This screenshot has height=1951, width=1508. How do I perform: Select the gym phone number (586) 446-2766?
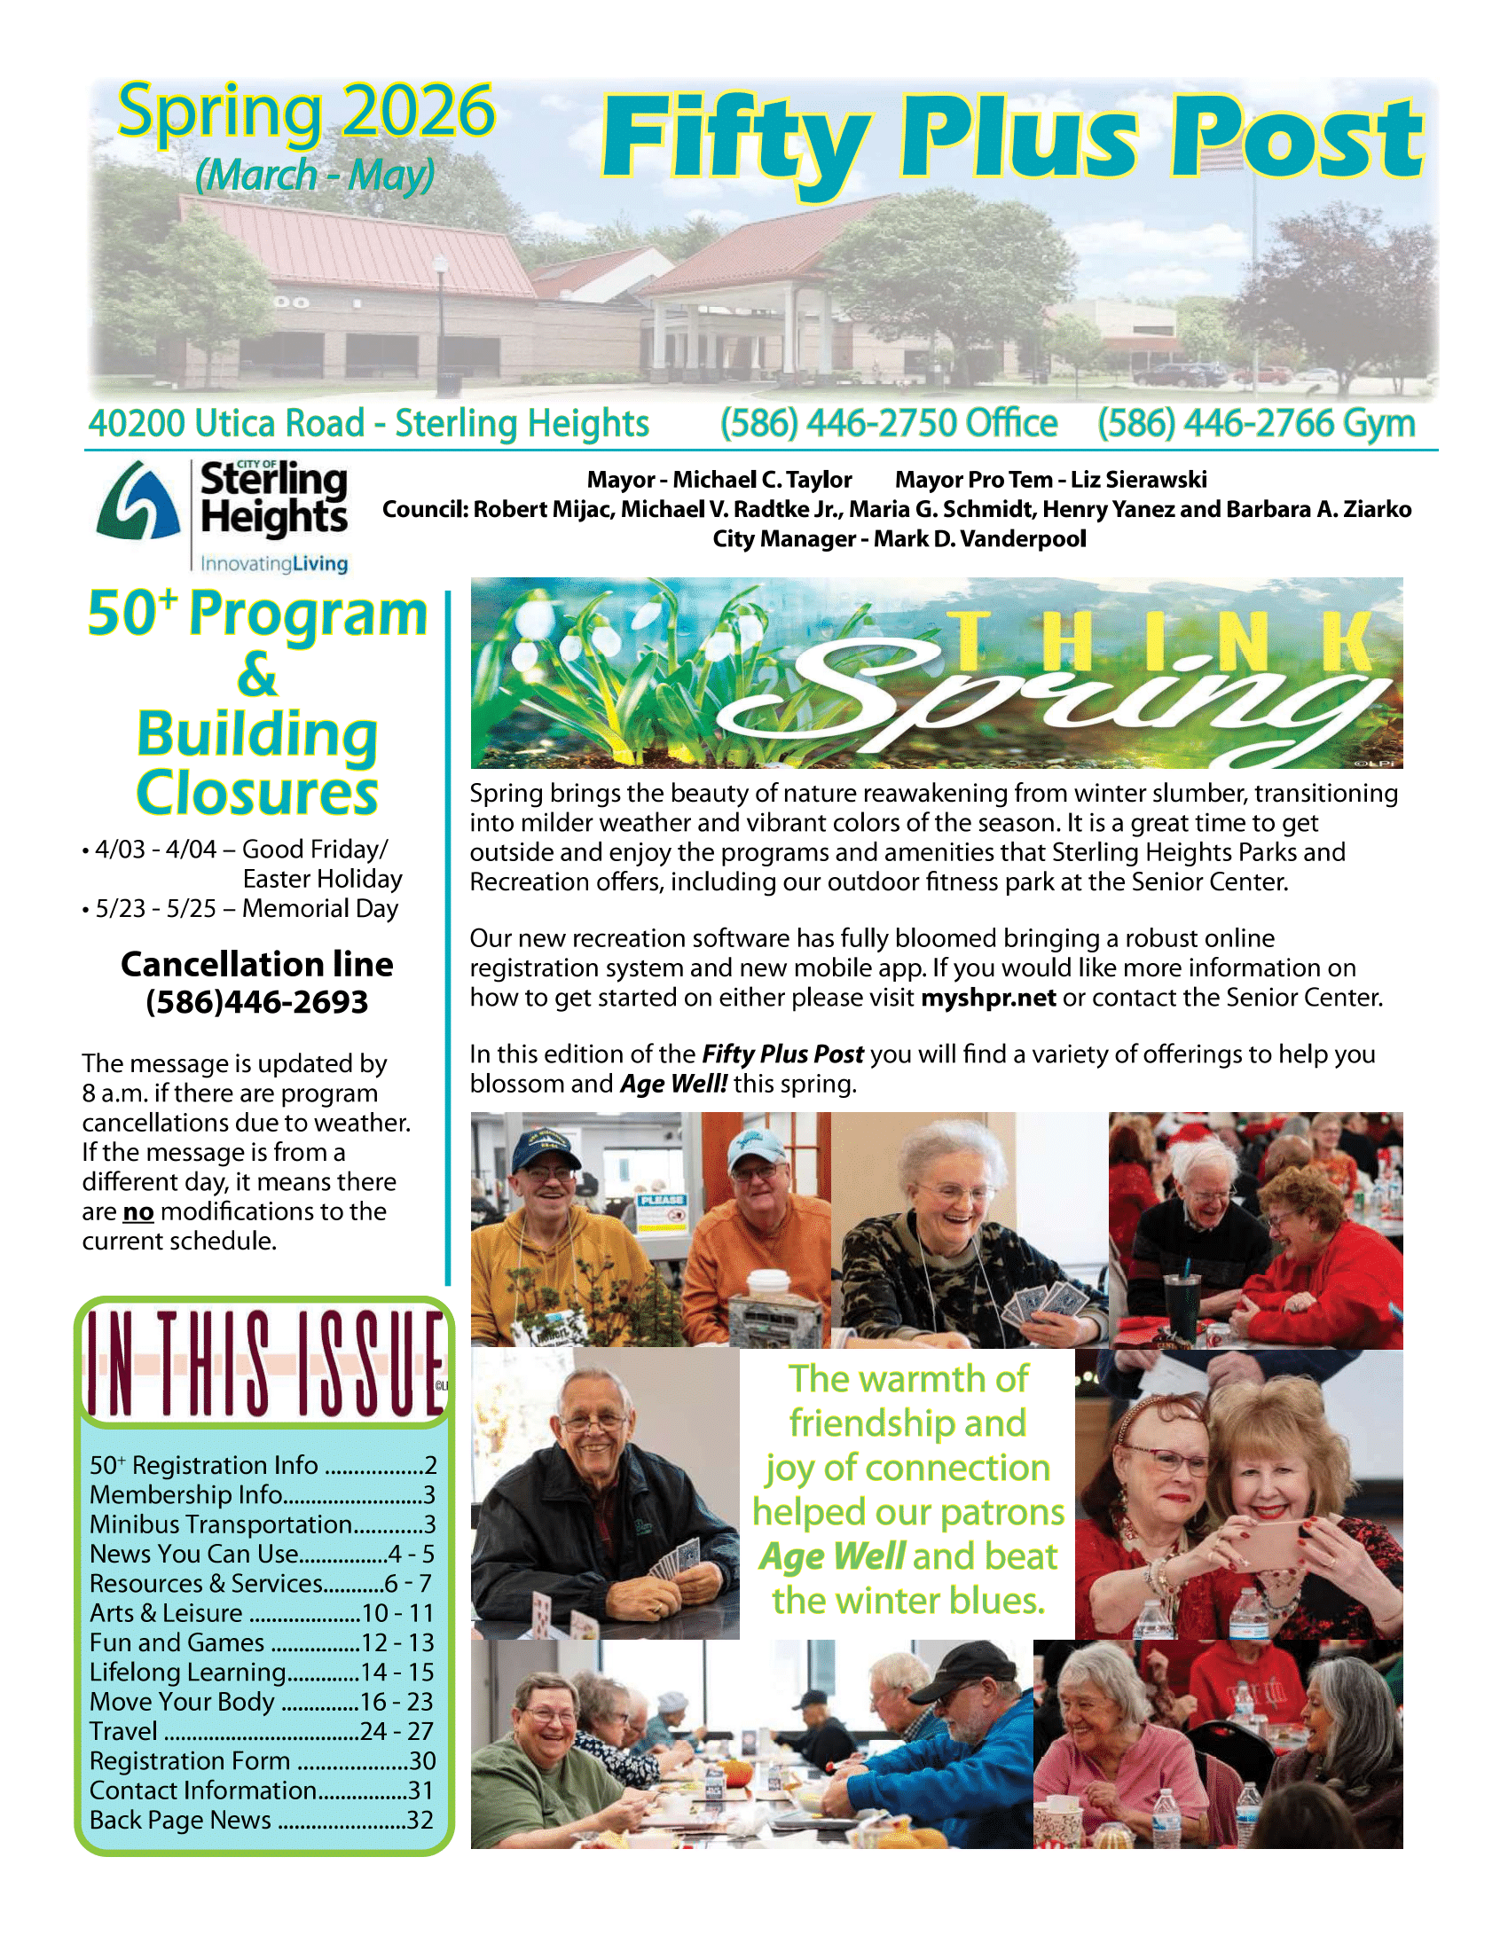pyautogui.click(x=1255, y=423)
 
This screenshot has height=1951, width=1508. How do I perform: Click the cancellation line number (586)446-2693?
pyautogui.click(x=257, y=1002)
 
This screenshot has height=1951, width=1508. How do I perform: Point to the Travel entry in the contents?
pyautogui.click(x=261, y=1731)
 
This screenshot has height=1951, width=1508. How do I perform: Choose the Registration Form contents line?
pyautogui.click(x=261, y=1760)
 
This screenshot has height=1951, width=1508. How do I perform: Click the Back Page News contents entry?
pyautogui.click(x=261, y=1820)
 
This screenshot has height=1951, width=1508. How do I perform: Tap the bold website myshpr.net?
pyautogui.click(x=988, y=997)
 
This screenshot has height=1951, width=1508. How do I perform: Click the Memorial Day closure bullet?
pyautogui.click(x=241, y=908)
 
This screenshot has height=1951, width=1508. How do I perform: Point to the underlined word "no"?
pyautogui.click(x=138, y=1211)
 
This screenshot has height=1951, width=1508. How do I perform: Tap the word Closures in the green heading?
pyautogui.click(x=257, y=792)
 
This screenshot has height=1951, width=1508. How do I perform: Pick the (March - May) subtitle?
pyautogui.click(x=315, y=174)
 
